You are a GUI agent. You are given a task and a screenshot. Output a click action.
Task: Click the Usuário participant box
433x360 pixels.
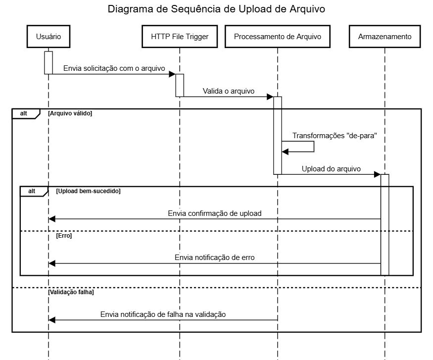pyautogui.click(x=48, y=37)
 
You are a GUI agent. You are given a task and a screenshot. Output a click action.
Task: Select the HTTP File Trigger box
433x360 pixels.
pyautogui.click(x=180, y=37)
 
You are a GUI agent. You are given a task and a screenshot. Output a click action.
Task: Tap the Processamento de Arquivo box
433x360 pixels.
pyautogui.click(x=278, y=37)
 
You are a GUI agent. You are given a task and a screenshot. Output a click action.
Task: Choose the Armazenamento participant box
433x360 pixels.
pyautogui.click(x=385, y=37)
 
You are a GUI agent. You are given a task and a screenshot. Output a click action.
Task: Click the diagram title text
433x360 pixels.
pyautogui.click(x=216, y=9)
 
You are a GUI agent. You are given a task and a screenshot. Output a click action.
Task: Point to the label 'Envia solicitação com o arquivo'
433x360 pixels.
pyautogui.click(x=114, y=68)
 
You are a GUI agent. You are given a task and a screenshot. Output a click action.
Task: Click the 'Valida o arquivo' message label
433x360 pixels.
pyautogui.click(x=229, y=91)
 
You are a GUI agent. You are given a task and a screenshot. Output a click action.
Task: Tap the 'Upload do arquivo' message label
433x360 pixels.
pyautogui.click(x=331, y=169)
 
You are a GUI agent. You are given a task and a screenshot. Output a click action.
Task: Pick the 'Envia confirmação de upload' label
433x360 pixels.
pyautogui.click(x=215, y=213)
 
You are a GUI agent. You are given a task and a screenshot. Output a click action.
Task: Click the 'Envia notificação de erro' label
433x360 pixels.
pyautogui.click(x=215, y=257)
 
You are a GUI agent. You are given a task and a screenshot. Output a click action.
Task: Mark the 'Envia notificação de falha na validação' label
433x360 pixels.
pyautogui.click(x=163, y=314)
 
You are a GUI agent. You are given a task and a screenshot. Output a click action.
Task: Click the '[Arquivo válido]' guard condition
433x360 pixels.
pyautogui.click(x=70, y=113)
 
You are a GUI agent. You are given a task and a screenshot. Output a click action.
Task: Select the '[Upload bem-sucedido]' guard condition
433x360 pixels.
pyautogui.click(x=89, y=191)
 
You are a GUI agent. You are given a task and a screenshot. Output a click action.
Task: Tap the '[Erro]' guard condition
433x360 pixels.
pyautogui.click(x=64, y=236)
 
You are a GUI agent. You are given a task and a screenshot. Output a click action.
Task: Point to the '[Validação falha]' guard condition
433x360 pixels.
pyautogui.click(x=71, y=292)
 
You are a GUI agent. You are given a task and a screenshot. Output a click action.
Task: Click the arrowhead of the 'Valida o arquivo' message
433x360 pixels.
pyautogui.click(x=270, y=97)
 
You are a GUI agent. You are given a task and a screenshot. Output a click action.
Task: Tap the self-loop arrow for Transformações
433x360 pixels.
pyautogui.click(x=314, y=147)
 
